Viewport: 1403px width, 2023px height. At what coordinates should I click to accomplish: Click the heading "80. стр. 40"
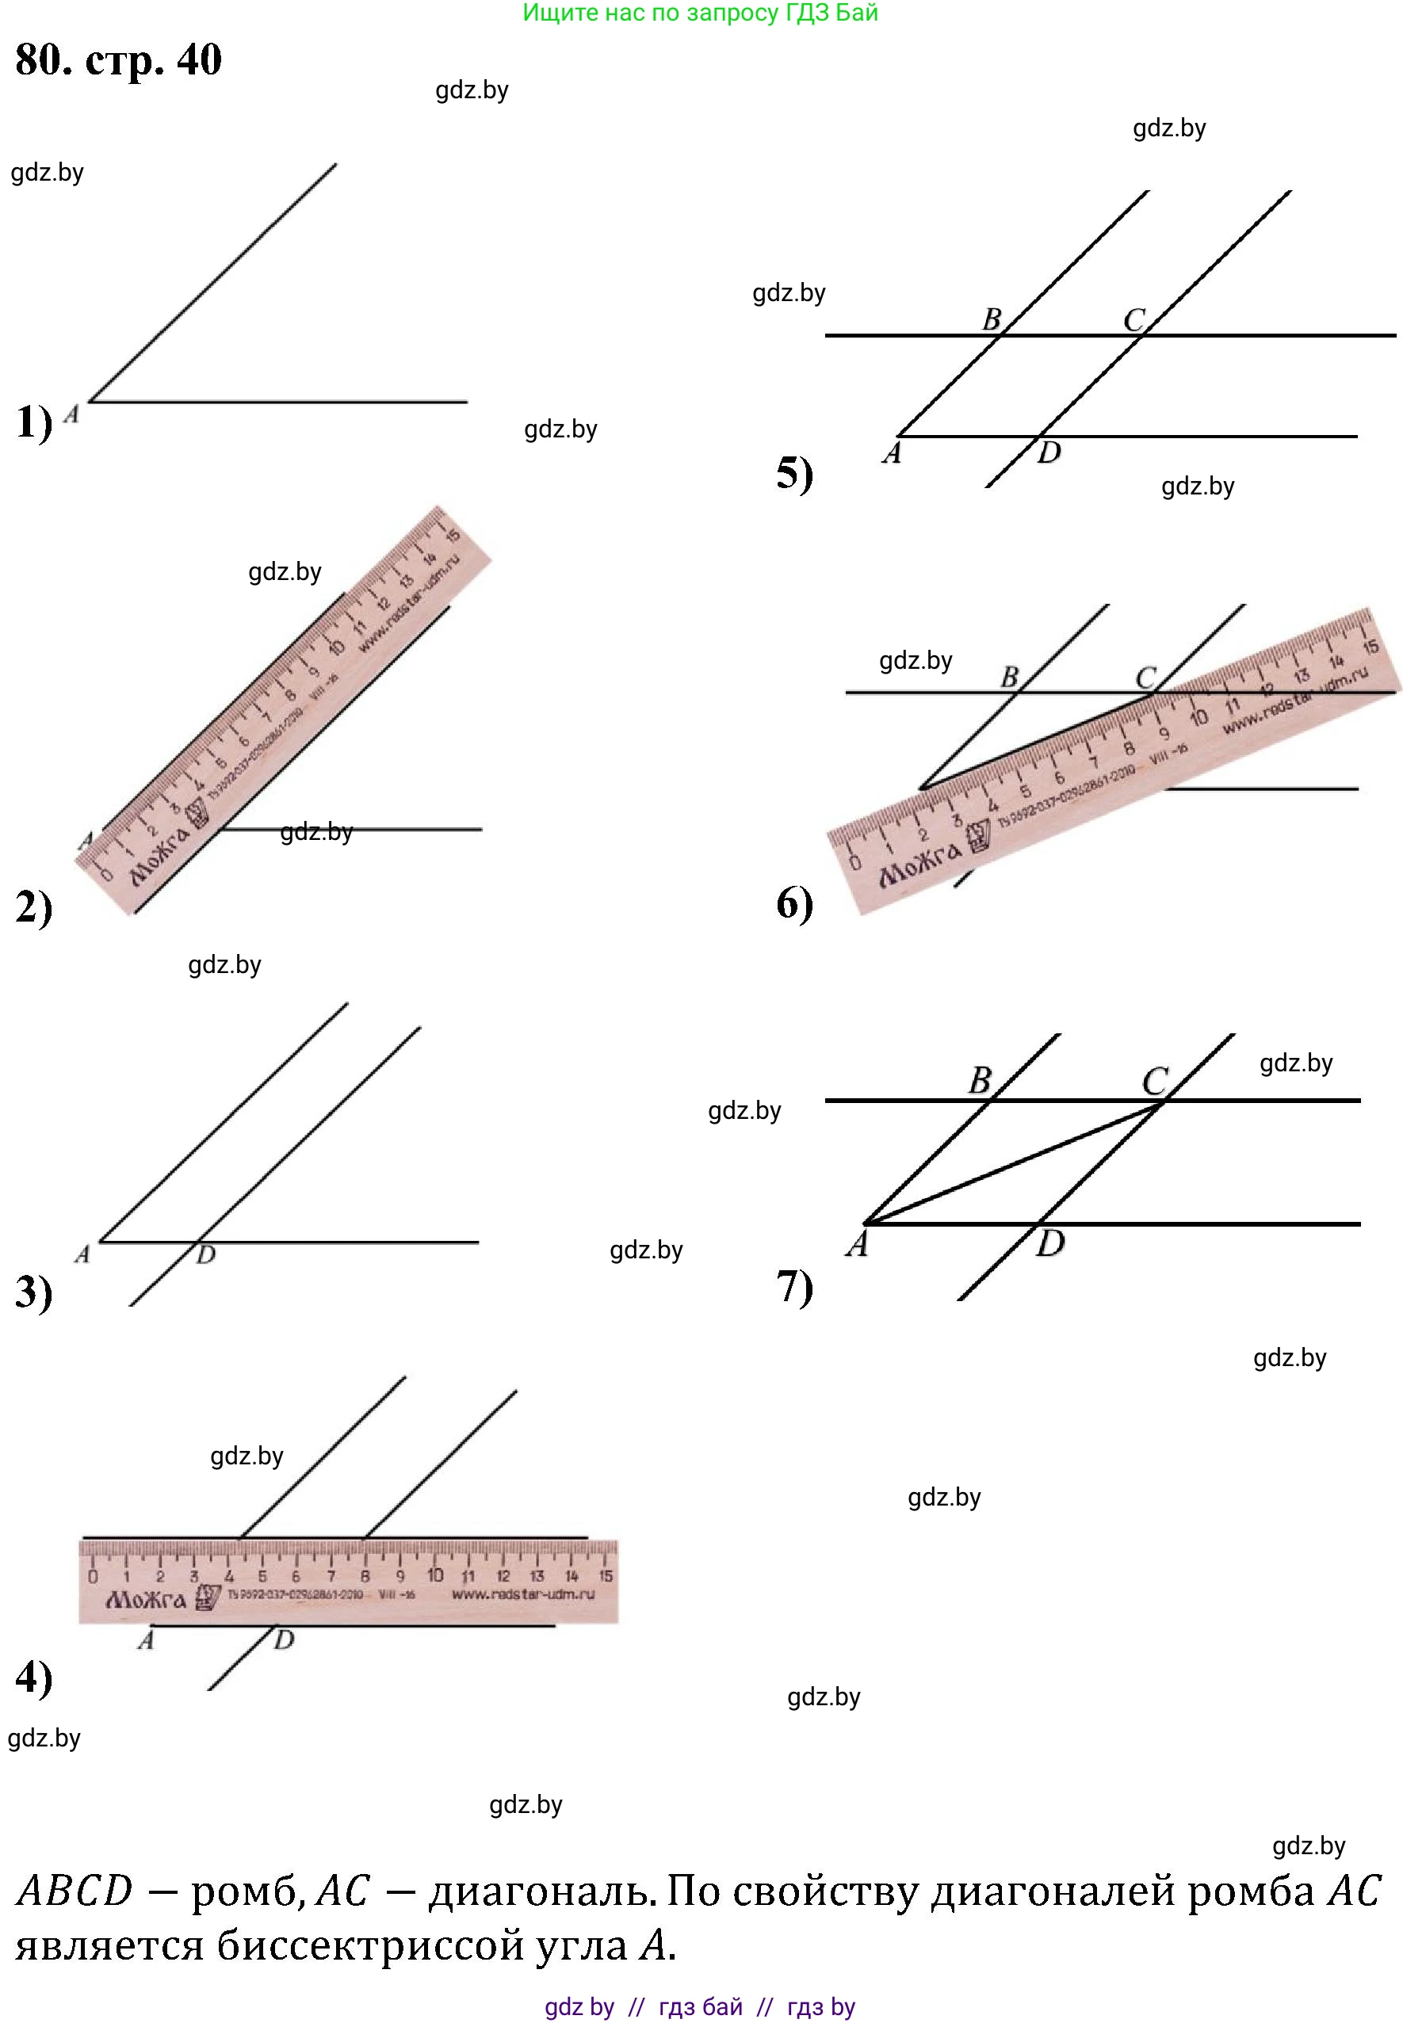(x=119, y=59)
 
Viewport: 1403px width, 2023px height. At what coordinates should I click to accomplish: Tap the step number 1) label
(x=33, y=422)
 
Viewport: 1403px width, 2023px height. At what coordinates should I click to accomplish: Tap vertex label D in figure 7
(x=1049, y=1243)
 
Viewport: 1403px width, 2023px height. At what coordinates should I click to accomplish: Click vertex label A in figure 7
(x=857, y=1243)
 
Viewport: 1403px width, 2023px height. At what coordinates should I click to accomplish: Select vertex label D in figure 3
(x=206, y=1255)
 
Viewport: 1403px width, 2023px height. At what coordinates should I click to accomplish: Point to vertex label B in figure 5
(x=992, y=319)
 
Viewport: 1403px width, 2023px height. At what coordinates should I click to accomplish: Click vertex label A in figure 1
(x=72, y=414)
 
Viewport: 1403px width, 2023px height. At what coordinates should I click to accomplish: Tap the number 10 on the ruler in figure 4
(x=434, y=1576)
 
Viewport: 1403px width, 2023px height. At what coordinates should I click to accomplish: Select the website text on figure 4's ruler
(x=523, y=1594)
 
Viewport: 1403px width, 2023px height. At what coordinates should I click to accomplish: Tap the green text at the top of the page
(x=701, y=13)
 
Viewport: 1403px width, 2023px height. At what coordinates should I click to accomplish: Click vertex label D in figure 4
(x=283, y=1639)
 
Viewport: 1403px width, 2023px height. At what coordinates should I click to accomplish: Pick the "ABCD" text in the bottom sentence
(x=75, y=1891)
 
